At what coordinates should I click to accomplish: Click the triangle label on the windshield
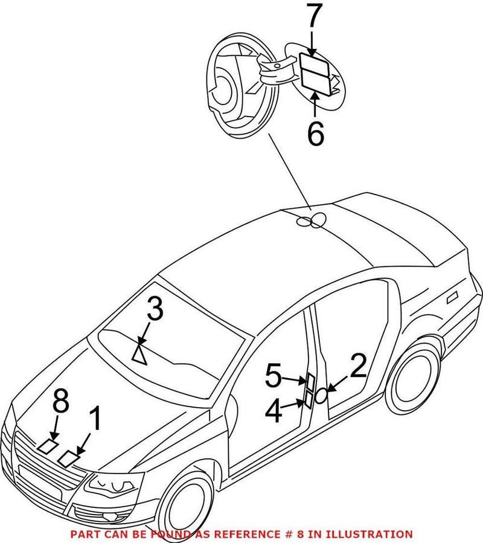coord(139,355)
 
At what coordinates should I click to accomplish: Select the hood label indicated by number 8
coord(48,447)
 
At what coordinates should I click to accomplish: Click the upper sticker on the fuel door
coord(313,63)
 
